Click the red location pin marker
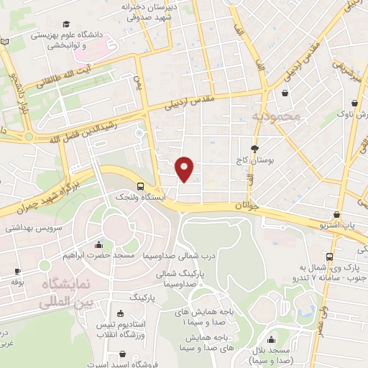click(x=185, y=169)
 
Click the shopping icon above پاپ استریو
click(x=336, y=213)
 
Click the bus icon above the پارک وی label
click(x=328, y=257)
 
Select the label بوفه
click(x=17, y=282)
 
